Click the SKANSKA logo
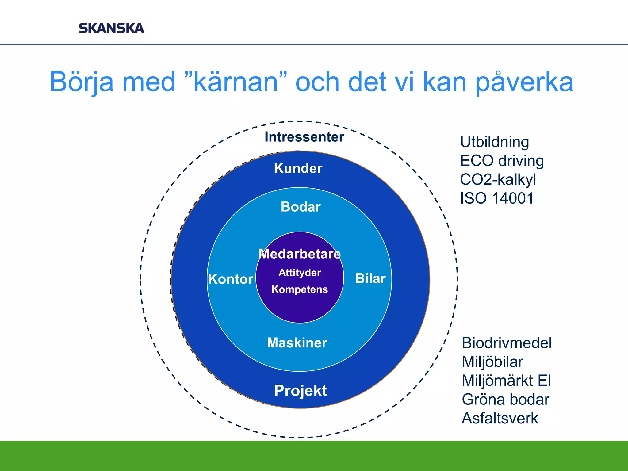pos(111,28)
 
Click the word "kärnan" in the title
pos(236,82)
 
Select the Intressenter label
pos(304,137)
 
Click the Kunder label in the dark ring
pos(298,168)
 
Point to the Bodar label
pos(301,207)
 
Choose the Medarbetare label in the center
pos(300,254)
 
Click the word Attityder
pos(300,273)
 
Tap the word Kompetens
pos(300,289)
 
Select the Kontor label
pos(231,279)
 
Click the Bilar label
pos(370,278)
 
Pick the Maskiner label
pos(297,343)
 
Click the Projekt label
pos(301,391)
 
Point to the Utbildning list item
pos(494,142)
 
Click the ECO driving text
pos(502,161)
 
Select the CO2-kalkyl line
pos(498,179)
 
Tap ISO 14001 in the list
pos(497,198)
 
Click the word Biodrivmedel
pos(507,343)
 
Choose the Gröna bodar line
pos(505,400)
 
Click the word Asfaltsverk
pos(500,418)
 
